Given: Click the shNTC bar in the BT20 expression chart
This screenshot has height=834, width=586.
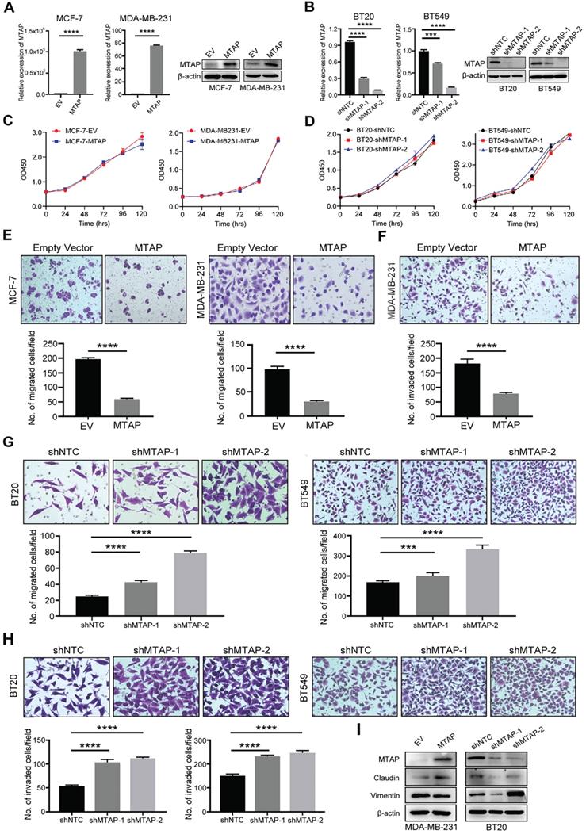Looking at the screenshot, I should coord(350,68).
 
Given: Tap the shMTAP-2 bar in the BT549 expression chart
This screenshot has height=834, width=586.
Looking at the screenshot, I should coord(449,90).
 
